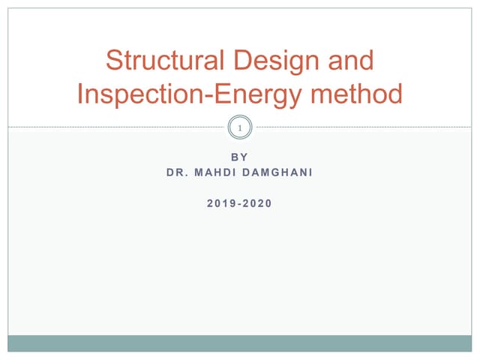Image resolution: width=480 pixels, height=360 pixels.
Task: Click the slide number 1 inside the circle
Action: pyautogui.click(x=240, y=129)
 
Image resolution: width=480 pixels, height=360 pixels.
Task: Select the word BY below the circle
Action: pyautogui.click(x=240, y=157)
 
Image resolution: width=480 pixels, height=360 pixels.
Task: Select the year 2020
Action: pyautogui.click(x=259, y=202)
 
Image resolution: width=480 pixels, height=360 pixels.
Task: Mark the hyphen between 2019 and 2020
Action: pyautogui.click(x=240, y=203)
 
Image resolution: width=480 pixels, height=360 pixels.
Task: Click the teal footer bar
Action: pyautogui.click(x=240, y=343)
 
